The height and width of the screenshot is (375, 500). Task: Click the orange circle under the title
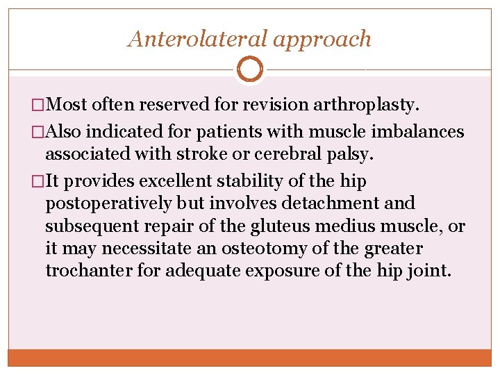coord(250,69)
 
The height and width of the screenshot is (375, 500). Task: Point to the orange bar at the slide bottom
coord(250,358)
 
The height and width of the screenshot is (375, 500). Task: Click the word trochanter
coord(89,271)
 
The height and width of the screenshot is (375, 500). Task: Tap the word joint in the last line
coord(432,271)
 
